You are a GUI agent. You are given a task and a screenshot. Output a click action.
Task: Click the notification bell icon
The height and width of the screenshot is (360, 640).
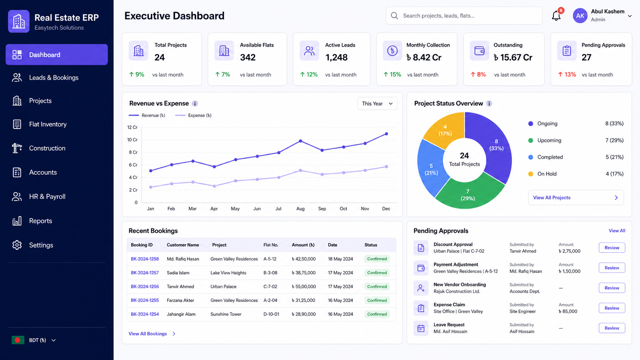click(x=556, y=16)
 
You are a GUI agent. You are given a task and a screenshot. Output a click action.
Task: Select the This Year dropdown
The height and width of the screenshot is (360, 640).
click(x=377, y=103)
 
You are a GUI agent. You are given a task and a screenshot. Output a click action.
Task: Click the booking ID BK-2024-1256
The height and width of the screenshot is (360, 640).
click(x=145, y=286)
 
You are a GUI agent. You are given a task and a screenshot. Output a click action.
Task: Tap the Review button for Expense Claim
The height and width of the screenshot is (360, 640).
click(x=612, y=308)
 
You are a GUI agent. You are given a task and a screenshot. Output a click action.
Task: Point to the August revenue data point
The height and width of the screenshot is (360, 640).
click(x=300, y=141)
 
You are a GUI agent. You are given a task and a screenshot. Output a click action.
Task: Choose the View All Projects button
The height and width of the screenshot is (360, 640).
click(x=576, y=197)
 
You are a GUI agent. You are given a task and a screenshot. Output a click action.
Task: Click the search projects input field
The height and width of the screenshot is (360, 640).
click(x=464, y=16)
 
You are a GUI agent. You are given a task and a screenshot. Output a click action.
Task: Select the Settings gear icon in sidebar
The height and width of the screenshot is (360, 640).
click(x=17, y=245)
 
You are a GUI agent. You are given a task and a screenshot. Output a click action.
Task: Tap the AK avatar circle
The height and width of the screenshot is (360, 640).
click(x=580, y=16)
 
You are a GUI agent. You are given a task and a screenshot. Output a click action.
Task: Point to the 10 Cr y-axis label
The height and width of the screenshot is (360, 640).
click(x=132, y=140)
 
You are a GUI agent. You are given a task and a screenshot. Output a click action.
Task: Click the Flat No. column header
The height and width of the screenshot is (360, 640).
click(x=271, y=245)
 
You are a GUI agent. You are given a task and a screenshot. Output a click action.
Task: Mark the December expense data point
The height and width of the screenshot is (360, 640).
click(x=386, y=166)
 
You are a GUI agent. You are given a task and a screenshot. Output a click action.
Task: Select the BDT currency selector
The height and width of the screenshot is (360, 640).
click(x=34, y=340)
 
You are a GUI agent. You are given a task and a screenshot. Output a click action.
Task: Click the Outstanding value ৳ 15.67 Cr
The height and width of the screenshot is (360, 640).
click(x=513, y=57)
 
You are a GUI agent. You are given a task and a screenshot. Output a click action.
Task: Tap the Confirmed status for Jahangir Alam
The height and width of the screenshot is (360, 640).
click(x=377, y=314)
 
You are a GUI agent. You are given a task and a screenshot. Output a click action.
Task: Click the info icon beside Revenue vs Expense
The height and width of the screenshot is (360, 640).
click(x=195, y=103)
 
